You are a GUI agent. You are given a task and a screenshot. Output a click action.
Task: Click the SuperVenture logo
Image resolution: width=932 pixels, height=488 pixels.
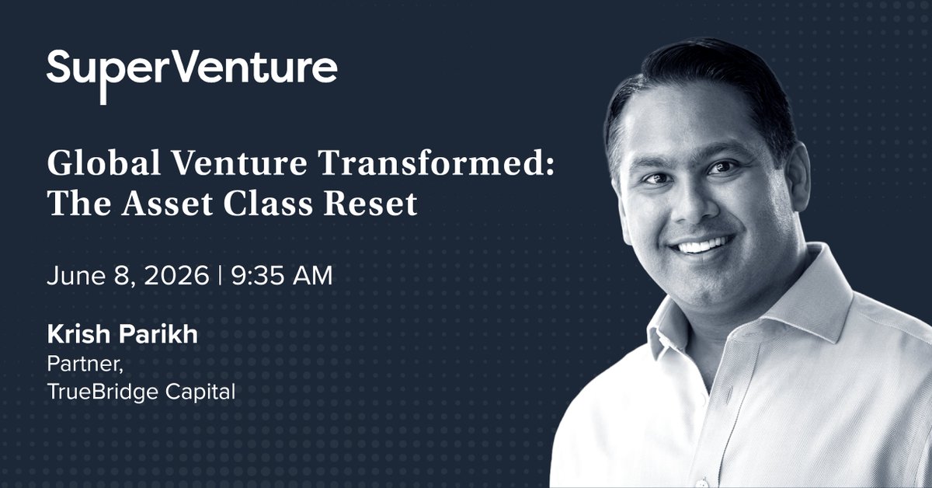192,75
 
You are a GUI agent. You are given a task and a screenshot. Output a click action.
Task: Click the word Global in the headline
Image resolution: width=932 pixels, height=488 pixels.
104,163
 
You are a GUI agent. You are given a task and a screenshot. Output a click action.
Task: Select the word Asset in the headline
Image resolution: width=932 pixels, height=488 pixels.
167,203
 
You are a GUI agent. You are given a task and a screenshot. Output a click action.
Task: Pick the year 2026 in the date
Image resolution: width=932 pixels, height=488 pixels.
176,275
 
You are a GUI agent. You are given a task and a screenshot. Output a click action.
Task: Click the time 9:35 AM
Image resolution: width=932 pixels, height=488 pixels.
282,275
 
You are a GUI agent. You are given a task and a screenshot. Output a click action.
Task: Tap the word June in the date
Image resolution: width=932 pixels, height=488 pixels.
76,275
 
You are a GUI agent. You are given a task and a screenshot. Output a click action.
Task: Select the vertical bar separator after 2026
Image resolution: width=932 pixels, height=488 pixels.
220,275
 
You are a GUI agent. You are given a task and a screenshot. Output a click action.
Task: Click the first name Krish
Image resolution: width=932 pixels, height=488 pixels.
78,334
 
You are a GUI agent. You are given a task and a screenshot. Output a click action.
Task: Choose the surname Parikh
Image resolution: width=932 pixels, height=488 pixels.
158,334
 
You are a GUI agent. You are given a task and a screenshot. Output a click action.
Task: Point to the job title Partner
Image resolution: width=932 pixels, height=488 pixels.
85,364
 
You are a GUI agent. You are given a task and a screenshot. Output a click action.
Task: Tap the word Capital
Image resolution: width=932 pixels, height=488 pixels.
200,392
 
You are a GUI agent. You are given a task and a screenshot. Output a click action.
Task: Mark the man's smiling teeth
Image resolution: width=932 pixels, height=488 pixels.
702,246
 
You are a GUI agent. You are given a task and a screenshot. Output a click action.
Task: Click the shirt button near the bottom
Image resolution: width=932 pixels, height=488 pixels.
701,483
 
